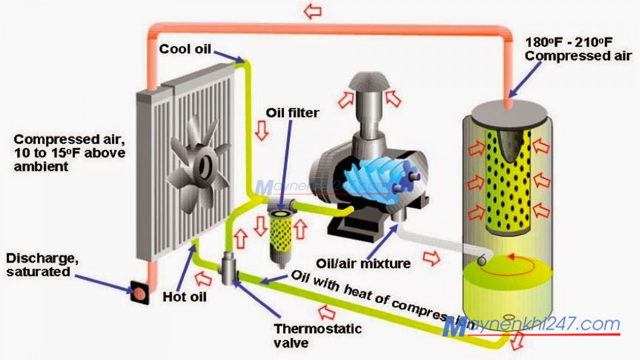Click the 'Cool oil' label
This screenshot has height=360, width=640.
(x=185, y=49)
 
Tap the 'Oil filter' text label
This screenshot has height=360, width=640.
(x=292, y=113)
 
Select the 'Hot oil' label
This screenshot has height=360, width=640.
(x=184, y=297)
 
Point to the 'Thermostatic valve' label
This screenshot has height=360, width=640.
(x=317, y=335)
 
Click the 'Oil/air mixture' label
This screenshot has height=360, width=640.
(x=363, y=263)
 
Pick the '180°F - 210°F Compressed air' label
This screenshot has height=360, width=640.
(x=578, y=49)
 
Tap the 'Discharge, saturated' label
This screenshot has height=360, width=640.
(x=42, y=265)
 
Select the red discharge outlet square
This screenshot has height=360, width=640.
(x=140, y=293)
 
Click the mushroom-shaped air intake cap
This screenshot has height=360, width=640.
(x=369, y=82)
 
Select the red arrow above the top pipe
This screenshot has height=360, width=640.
(x=312, y=11)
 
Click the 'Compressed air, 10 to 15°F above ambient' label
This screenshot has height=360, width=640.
(x=69, y=153)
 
